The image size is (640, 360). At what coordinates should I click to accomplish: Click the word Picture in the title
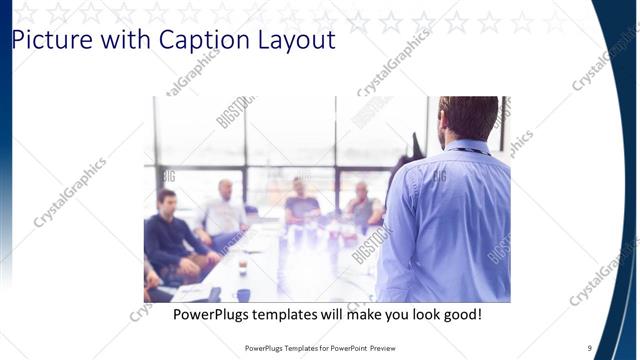[x=45, y=41]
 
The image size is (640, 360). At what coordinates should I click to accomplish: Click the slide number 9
[x=590, y=348]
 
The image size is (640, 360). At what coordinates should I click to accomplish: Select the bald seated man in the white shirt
[x=225, y=210]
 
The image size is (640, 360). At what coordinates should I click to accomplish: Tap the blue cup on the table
[x=244, y=295]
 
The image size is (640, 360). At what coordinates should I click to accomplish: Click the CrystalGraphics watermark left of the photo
[x=70, y=192]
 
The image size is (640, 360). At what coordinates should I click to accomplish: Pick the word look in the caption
[x=413, y=314]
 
